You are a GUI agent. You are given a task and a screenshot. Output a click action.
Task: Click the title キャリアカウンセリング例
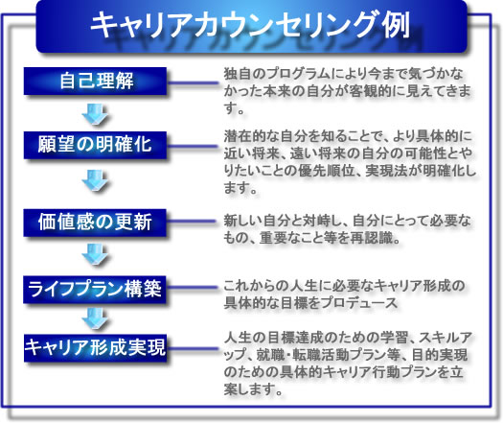250,25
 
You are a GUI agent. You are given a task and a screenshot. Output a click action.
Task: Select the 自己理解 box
95,81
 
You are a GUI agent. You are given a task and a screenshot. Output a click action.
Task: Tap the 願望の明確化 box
95,145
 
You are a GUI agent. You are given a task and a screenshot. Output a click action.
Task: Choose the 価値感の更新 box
95,223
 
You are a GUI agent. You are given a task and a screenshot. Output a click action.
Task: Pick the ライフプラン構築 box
95,289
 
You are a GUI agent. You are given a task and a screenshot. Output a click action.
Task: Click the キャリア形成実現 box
95,348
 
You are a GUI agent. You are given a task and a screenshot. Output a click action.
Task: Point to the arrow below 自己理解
95,114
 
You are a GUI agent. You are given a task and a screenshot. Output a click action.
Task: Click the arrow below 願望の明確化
95,180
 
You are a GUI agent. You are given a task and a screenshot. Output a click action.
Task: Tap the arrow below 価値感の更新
95,254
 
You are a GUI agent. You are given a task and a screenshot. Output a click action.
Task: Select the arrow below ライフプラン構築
95,318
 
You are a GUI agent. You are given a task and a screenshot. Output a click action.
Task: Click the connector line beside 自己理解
193,82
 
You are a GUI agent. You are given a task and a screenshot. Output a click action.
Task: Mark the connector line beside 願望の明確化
193,147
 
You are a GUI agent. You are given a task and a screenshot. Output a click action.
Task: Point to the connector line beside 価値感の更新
192,222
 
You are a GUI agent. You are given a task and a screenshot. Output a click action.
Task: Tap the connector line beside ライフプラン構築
192,288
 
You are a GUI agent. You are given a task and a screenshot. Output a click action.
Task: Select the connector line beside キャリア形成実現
193,348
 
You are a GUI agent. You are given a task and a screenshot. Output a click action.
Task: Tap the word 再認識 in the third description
377,238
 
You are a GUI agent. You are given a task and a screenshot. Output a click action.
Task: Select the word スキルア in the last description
445,338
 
